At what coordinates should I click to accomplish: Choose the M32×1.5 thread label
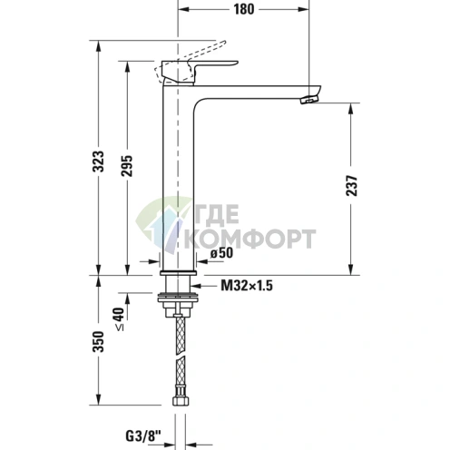click(247, 286)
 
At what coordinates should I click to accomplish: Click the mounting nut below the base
click(180, 299)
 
